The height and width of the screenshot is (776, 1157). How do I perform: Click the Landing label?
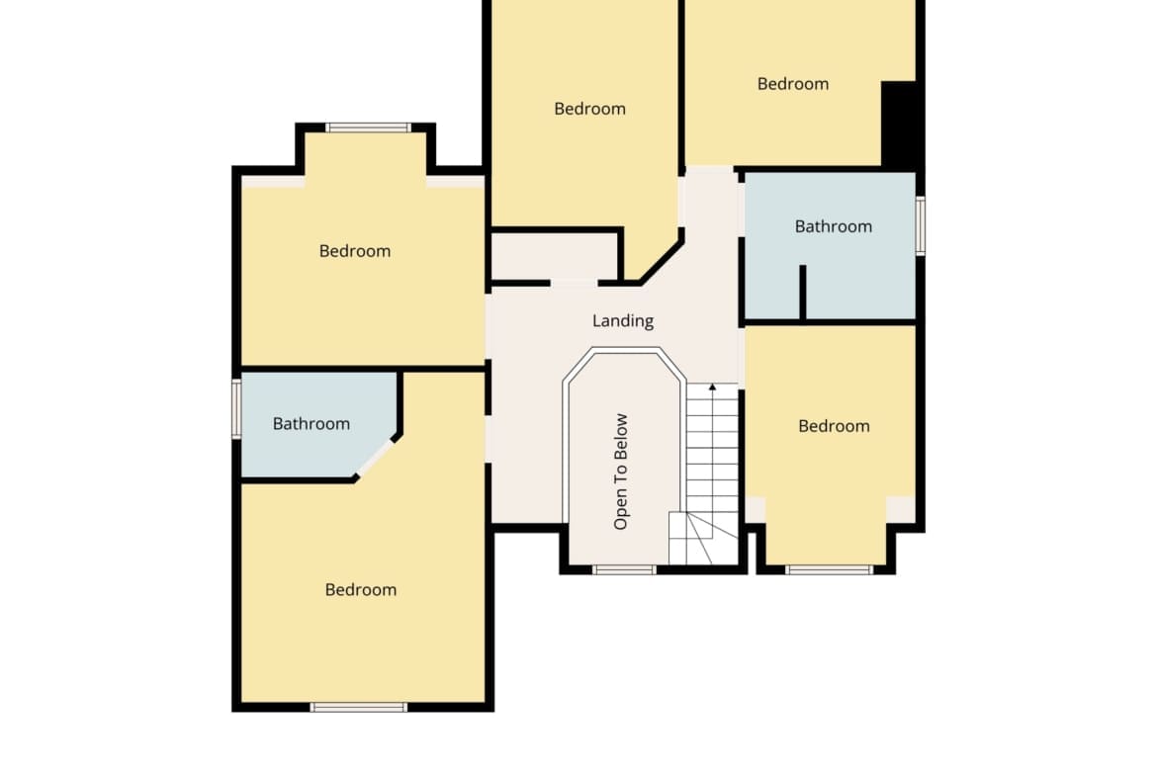pyautogui.click(x=623, y=321)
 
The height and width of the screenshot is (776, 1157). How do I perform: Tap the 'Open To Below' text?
pyautogui.click(x=621, y=472)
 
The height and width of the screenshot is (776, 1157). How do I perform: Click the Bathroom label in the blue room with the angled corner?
pyautogui.click(x=311, y=423)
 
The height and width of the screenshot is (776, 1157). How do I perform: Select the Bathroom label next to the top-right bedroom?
pyautogui.click(x=833, y=226)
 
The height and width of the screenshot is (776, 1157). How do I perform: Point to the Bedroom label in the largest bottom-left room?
pyautogui.click(x=361, y=589)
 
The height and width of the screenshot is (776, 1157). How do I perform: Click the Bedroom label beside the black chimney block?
pyautogui.click(x=792, y=84)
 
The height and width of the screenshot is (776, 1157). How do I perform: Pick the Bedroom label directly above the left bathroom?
pyautogui.click(x=355, y=251)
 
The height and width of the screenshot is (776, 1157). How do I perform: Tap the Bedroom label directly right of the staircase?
pyautogui.click(x=834, y=426)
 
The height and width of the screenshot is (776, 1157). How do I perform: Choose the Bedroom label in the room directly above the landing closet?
pyautogui.click(x=589, y=109)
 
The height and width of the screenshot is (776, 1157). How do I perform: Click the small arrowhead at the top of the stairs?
pyautogui.click(x=712, y=387)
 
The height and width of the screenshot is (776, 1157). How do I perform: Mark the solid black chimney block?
pyautogui.click(x=900, y=124)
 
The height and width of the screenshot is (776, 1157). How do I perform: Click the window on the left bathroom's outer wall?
pyautogui.click(x=237, y=408)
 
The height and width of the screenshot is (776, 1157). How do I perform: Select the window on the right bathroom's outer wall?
pyautogui.click(x=921, y=225)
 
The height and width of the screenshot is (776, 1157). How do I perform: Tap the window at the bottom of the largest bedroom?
pyautogui.click(x=359, y=708)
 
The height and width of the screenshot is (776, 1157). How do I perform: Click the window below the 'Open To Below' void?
pyautogui.click(x=624, y=569)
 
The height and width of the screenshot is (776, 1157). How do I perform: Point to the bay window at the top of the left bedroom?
pyautogui.click(x=368, y=128)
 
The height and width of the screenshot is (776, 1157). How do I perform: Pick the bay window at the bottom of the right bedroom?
pyautogui.click(x=830, y=569)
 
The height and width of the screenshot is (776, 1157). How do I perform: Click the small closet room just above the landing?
pyautogui.click(x=555, y=257)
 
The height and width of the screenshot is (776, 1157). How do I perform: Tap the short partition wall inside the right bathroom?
pyautogui.click(x=803, y=293)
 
